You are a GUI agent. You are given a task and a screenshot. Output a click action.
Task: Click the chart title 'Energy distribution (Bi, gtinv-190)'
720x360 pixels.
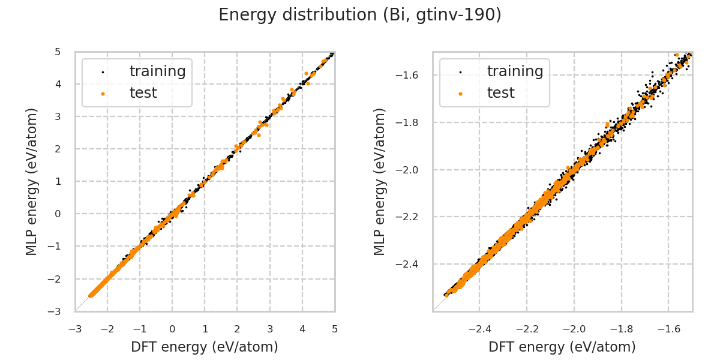pyautogui.click(x=360, y=15)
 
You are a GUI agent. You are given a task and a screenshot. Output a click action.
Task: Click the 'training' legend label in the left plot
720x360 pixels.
pyautogui.click(x=157, y=71)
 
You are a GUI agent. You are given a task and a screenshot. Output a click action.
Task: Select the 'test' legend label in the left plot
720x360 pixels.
pyautogui.click(x=143, y=93)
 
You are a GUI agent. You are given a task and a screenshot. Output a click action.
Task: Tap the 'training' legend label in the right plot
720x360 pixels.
pyautogui.click(x=515, y=71)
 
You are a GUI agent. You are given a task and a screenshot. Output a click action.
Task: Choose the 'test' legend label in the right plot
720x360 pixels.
pyautogui.click(x=500, y=93)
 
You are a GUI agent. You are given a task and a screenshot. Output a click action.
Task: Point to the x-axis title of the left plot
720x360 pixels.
pyautogui.click(x=205, y=347)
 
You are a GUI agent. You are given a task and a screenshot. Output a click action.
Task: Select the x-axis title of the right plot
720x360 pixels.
pyautogui.click(x=562, y=347)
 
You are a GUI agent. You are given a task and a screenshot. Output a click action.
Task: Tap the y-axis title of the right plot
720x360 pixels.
pyautogui.click(x=380, y=181)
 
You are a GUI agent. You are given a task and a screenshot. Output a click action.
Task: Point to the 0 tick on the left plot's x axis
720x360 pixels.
pyautogui.click(x=172, y=329)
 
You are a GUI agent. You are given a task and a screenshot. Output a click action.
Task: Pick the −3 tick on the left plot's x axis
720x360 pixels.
pyautogui.click(x=75, y=329)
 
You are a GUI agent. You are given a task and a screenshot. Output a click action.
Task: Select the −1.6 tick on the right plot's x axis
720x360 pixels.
pyautogui.click(x=668, y=329)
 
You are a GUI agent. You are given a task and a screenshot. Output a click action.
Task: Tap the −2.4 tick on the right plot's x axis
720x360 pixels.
pyautogui.click(x=480, y=329)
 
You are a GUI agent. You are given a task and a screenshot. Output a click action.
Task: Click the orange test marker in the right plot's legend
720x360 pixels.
pyautogui.click(x=460, y=94)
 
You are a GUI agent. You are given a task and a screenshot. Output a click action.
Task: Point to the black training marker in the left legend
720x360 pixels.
pyautogui.click(x=103, y=72)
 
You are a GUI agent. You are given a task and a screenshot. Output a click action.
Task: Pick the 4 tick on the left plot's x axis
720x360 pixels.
pyautogui.click(x=302, y=329)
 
